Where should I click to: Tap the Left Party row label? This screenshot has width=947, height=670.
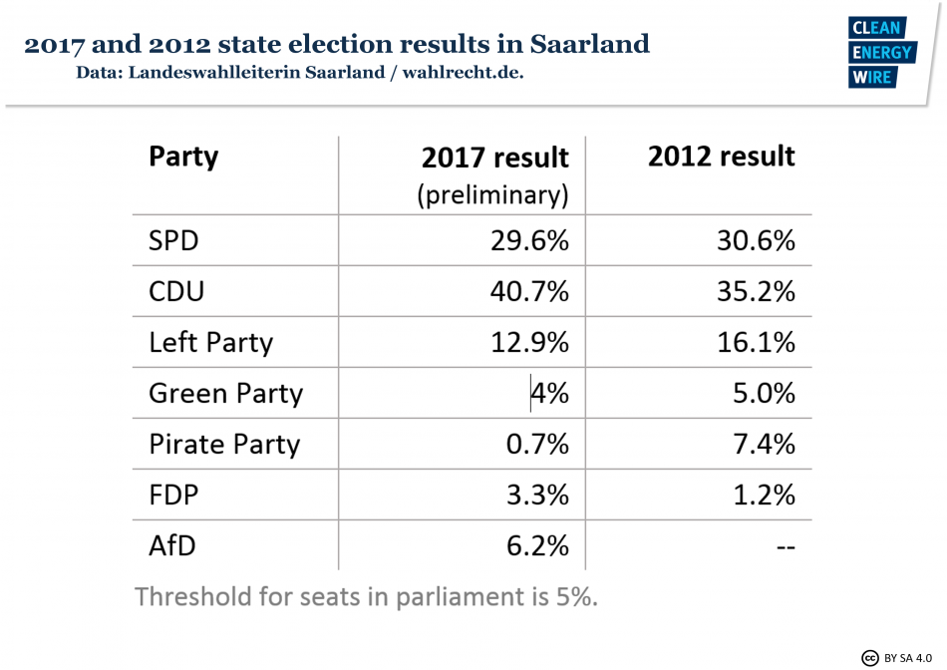coord(210,343)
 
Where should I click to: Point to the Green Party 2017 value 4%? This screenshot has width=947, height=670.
coord(549,393)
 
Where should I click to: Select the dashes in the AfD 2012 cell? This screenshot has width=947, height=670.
coord(784,546)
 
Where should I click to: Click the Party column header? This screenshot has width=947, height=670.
coord(183,157)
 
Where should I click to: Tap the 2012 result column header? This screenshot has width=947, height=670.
coord(722,157)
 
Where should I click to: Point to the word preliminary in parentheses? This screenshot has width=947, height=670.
coord(492,194)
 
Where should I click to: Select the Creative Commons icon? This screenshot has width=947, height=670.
coord(869,657)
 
